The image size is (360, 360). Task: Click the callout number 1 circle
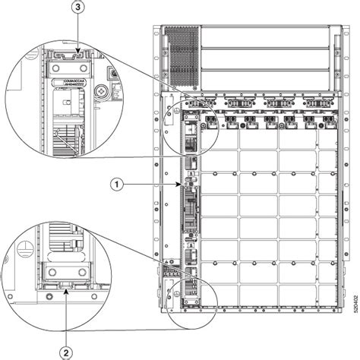click(x=115, y=183)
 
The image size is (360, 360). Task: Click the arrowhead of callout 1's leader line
click(x=181, y=183)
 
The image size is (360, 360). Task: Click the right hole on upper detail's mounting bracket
click(x=81, y=68)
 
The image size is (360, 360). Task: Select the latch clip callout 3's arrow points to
click(x=71, y=55)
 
